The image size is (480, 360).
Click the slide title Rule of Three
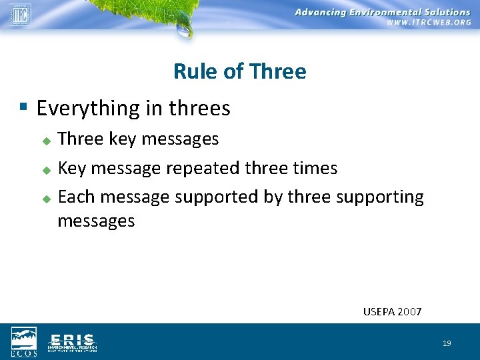pos(239,71)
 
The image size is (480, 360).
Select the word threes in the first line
pos(199,108)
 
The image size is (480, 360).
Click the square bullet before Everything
pos(23,107)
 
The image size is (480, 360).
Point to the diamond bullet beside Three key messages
pos(46,141)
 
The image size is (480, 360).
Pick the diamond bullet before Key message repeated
pos(46,171)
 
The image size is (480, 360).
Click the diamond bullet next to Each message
pos(46,199)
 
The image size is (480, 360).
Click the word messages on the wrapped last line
pos(96,221)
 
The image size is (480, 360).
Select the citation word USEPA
pos(379,311)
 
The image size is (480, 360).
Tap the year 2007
pos(409,311)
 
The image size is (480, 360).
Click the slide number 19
pos(446,343)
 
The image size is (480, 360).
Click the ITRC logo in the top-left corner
pos(20,13)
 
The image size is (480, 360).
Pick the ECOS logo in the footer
pos(24,341)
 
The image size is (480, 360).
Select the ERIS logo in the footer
pos(72,341)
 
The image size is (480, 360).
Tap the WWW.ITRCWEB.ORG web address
pos(429,23)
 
